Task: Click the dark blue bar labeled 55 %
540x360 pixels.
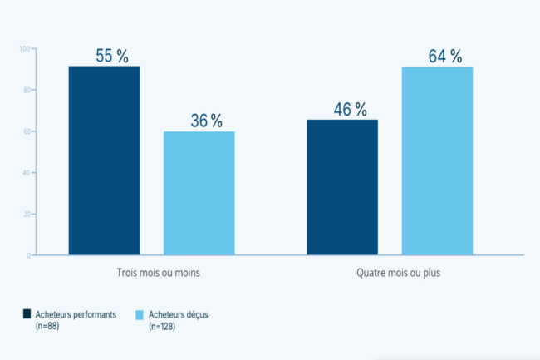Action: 104,160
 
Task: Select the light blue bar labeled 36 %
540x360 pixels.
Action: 199,193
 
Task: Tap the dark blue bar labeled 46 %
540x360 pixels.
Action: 342,187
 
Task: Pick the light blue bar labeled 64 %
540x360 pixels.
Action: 437,160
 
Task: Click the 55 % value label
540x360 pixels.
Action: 112,57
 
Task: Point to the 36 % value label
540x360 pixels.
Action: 207,121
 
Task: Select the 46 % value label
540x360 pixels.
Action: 350,110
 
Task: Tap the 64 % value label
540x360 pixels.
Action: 445,57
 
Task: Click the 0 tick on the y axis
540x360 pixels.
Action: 27,255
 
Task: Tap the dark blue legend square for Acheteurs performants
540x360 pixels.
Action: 27,313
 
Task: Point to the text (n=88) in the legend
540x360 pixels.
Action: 47,325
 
